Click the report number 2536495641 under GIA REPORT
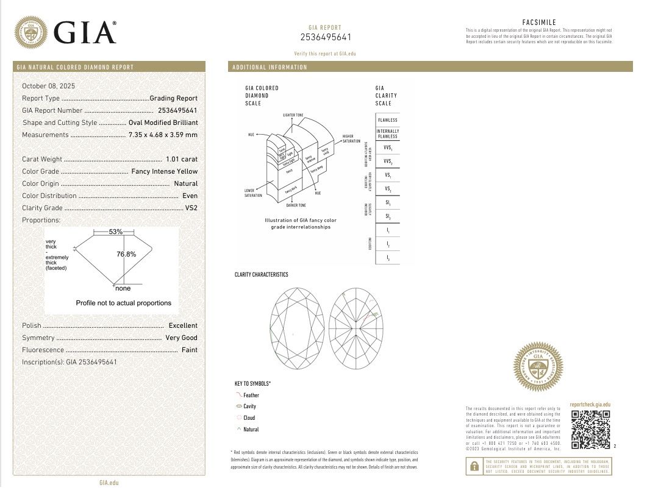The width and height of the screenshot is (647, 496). pos(326,37)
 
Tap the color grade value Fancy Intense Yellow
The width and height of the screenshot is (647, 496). pos(164,171)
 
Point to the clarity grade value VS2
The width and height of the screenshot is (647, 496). pos(191,208)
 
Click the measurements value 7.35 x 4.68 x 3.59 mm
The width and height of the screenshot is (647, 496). pos(163,135)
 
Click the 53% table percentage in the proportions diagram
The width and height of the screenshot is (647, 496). pos(116,232)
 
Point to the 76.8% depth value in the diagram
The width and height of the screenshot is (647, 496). pos(126,254)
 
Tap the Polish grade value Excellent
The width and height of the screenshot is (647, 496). pos(183,325)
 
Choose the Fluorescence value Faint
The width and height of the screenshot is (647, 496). pos(190,350)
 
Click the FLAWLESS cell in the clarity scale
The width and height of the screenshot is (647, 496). pos(388,120)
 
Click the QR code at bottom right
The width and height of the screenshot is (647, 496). pos(591,430)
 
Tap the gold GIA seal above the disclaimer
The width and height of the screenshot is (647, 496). pos(538,367)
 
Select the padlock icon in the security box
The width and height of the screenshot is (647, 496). pos(474,467)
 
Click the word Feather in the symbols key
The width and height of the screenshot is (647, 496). pos(251,395)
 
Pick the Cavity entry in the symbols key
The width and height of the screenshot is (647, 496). pos(249,406)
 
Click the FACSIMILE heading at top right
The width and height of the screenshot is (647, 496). pos(539,23)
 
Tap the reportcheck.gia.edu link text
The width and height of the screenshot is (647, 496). pos(590,404)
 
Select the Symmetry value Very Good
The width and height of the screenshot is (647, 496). pos(181,338)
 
